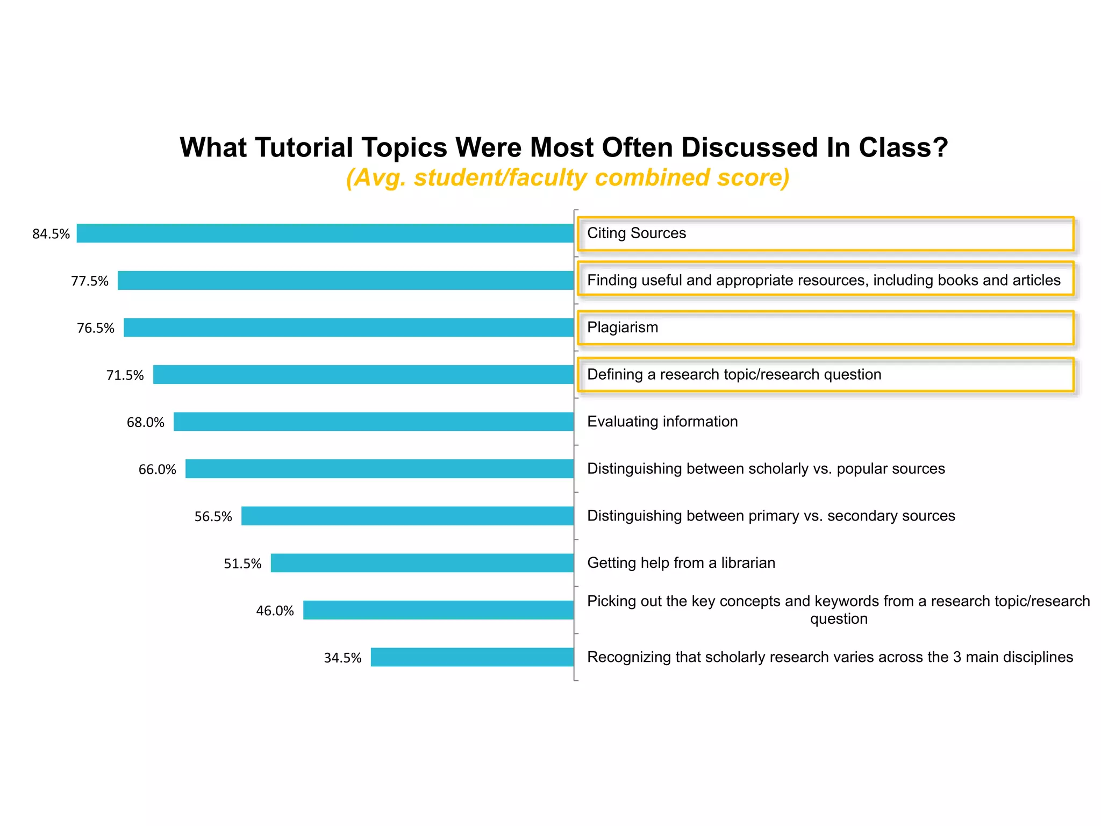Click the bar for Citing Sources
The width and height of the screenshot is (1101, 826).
click(x=325, y=233)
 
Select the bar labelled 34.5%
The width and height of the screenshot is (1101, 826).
click(x=472, y=657)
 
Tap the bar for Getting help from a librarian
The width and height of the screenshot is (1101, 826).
click(x=422, y=563)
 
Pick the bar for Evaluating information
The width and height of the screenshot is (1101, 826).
click(x=374, y=422)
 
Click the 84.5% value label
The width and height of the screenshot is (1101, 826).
click(x=51, y=234)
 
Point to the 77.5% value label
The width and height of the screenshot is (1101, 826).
click(x=90, y=281)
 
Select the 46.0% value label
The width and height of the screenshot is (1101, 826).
click(x=275, y=611)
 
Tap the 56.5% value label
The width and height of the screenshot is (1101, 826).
click(x=213, y=517)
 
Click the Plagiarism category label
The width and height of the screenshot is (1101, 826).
click(x=623, y=327)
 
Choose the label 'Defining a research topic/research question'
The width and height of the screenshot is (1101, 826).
click(x=734, y=375)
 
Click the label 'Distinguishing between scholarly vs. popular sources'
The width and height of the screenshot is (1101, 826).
click(x=766, y=469)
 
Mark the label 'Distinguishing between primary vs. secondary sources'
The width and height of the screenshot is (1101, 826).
click(x=771, y=516)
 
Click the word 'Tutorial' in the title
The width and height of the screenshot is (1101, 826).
click(x=303, y=147)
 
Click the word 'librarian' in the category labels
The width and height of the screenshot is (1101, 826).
click(x=748, y=563)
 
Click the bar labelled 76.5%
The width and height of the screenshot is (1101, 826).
click(x=348, y=327)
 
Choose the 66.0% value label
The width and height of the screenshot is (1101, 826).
click(x=157, y=469)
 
